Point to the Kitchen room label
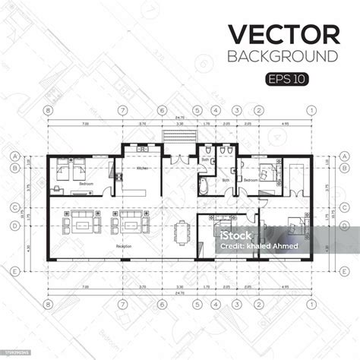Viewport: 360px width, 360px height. tap(142, 168)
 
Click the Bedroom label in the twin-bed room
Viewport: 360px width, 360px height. tap(67, 184)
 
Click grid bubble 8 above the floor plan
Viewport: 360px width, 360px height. tap(48, 110)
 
